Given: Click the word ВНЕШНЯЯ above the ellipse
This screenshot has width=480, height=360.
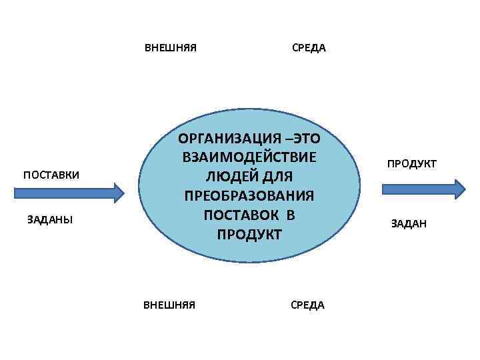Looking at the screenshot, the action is click(171, 48).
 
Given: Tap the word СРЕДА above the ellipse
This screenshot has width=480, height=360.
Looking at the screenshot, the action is click(309, 48).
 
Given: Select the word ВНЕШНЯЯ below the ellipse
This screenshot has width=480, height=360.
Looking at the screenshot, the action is click(169, 305).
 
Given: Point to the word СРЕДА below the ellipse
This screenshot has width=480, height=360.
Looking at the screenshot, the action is click(307, 305).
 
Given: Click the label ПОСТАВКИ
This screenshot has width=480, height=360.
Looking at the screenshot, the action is click(51, 175).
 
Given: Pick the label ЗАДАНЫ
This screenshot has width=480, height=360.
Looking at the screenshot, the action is click(50, 219).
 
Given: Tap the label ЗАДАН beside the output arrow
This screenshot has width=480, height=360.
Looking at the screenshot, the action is click(409, 224).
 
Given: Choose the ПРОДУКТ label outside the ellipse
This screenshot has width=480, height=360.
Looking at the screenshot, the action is click(412, 163).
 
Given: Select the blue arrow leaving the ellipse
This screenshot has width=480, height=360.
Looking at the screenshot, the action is click(423, 189).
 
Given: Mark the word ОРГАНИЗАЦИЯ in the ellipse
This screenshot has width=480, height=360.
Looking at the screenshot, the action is click(226, 139).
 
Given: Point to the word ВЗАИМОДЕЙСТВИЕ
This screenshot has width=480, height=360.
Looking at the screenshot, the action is click(248, 158).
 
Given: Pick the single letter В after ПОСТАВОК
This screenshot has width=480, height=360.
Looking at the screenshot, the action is click(291, 215).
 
